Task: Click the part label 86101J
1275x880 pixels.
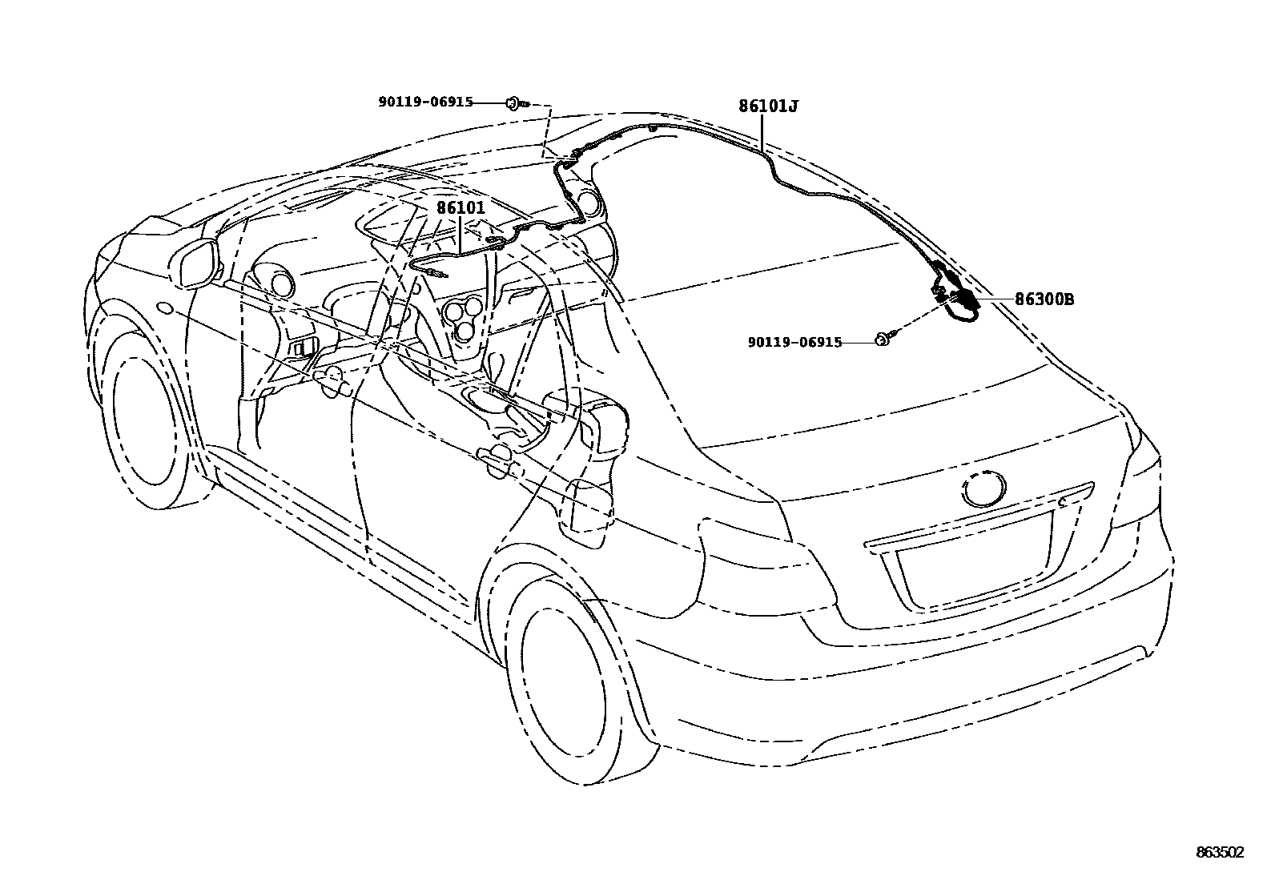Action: click(768, 106)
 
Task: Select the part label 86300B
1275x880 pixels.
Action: click(1044, 299)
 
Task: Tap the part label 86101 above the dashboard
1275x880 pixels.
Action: click(461, 207)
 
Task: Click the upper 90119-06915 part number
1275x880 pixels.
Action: click(425, 102)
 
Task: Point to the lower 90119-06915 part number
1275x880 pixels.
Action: click(794, 342)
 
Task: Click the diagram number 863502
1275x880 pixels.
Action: click(1220, 853)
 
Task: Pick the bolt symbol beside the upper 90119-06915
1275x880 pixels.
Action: click(514, 102)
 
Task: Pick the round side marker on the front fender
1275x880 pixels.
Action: click(166, 307)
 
